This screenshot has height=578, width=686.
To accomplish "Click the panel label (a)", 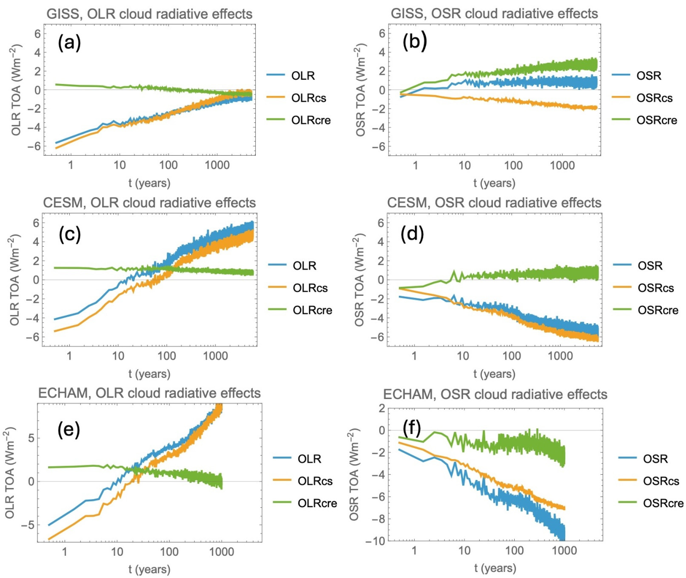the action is (69, 43).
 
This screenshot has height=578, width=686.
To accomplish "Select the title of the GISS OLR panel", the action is (150, 14).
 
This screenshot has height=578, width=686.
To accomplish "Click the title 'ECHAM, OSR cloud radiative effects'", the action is (495, 394).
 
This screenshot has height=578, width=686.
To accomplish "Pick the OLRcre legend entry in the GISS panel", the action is (299, 120).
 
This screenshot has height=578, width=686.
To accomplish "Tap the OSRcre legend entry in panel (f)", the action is (651, 503).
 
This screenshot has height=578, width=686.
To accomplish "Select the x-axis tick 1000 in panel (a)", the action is (217, 165).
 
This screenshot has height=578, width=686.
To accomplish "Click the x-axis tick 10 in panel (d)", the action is (463, 355).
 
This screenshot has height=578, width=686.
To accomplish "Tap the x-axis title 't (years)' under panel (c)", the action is (150, 373).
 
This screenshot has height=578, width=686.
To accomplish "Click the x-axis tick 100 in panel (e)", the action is (169, 551).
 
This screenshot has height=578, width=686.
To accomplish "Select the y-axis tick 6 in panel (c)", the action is (35, 223).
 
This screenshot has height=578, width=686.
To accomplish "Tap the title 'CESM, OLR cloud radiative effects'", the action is (150, 203).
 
